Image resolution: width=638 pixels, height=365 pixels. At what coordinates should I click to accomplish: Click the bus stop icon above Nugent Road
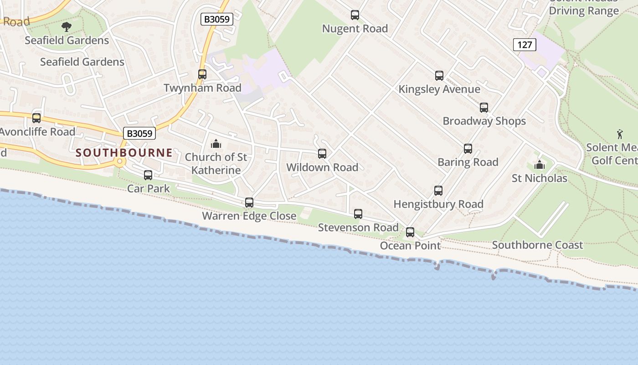click(355, 15)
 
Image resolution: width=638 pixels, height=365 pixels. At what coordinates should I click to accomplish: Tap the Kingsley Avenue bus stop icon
click(439, 76)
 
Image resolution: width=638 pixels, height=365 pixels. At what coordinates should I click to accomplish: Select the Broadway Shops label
click(484, 121)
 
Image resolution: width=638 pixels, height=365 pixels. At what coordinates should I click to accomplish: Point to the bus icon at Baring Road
click(468, 149)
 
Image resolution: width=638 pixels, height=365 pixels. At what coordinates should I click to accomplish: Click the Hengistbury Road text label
click(438, 204)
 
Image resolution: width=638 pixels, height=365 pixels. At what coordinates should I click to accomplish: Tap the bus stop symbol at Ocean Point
click(410, 232)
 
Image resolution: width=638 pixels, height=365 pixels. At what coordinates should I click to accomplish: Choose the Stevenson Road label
click(358, 227)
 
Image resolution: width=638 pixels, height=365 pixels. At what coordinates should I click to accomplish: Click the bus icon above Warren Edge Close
click(249, 203)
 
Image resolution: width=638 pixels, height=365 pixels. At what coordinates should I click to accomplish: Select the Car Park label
click(148, 188)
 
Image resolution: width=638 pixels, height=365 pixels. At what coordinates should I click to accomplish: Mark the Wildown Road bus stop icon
click(322, 154)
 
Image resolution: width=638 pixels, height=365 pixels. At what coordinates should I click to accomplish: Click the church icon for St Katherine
click(216, 144)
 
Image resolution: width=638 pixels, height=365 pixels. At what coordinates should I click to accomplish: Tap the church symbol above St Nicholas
click(539, 165)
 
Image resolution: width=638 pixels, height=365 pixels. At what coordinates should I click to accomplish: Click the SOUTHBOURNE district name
click(124, 152)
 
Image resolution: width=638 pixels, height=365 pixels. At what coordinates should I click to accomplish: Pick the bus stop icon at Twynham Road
click(202, 74)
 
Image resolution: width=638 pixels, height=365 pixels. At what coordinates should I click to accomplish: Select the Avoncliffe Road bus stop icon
click(36, 118)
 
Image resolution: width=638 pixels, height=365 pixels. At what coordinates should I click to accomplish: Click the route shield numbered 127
click(524, 45)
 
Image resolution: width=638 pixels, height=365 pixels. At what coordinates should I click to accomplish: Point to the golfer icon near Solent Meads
click(619, 134)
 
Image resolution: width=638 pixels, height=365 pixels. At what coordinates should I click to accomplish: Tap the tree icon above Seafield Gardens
click(67, 26)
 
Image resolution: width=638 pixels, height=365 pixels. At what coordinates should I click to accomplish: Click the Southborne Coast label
click(537, 245)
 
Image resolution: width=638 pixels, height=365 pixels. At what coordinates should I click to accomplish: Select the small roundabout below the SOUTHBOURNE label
click(120, 162)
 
